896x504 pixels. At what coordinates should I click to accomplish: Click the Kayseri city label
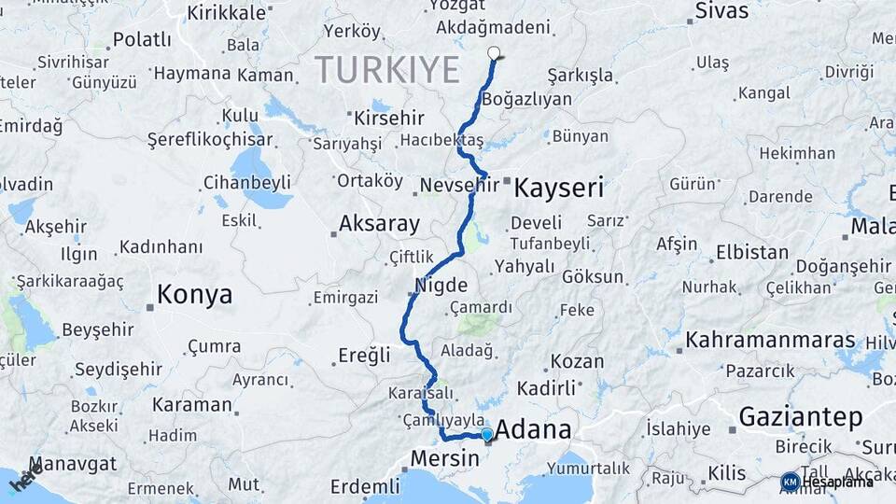[560, 187]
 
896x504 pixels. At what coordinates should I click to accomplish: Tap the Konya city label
[194, 295]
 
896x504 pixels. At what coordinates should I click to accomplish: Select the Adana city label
[533, 430]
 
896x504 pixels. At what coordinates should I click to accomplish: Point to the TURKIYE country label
[387, 70]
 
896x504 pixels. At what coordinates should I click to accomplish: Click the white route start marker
[494, 53]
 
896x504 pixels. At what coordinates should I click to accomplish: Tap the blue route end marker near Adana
[486, 434]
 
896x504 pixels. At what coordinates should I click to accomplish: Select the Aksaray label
[379, 224]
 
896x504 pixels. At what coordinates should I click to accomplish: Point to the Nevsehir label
[459, 186]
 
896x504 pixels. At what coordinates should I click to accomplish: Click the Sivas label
[721, 11]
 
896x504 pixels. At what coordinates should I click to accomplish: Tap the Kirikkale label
[228, 13]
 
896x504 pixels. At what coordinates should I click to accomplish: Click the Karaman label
[191, 405]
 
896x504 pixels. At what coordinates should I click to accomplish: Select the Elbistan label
[752, 252]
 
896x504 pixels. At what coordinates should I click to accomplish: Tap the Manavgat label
[73, 464]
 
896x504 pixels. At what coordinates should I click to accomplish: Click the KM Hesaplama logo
[827, 482]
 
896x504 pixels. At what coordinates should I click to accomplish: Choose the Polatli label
[142, 40]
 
